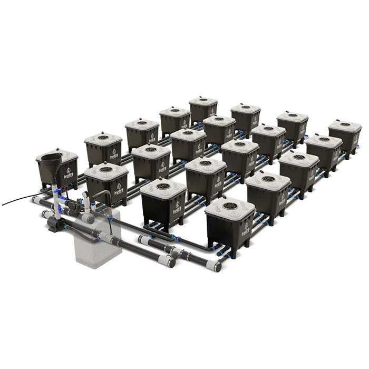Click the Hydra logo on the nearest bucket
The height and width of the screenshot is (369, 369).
point(246,229)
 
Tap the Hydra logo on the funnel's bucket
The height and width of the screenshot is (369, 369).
point(68,174)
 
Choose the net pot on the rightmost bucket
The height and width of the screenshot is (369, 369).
point(345,124)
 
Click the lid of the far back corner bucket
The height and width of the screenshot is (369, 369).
point(203,100)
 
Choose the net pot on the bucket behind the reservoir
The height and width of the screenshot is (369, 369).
point(106,169)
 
